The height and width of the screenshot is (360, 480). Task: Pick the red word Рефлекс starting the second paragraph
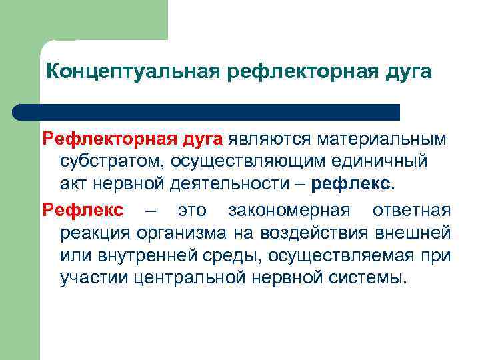(83, 211)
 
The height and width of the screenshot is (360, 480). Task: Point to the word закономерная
(289, 211)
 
